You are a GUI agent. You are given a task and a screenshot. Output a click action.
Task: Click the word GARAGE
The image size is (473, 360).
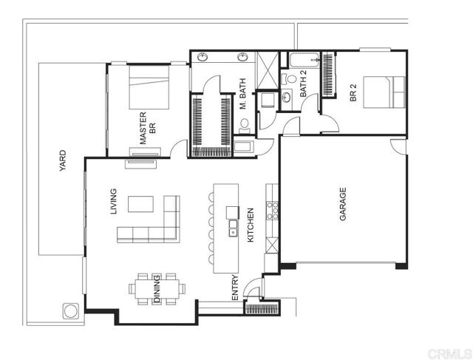(x=343, y=205)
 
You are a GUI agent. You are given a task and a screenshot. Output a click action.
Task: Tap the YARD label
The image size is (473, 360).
(x=63, y=161)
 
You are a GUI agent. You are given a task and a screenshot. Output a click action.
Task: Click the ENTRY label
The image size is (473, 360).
(x=235, y=287)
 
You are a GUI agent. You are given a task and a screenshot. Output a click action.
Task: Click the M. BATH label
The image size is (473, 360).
(x=242, y=95)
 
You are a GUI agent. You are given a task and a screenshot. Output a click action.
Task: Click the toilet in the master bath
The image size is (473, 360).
(x=245, y=131)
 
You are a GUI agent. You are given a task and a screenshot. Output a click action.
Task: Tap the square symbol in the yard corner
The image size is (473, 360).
(x=71, y=310)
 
